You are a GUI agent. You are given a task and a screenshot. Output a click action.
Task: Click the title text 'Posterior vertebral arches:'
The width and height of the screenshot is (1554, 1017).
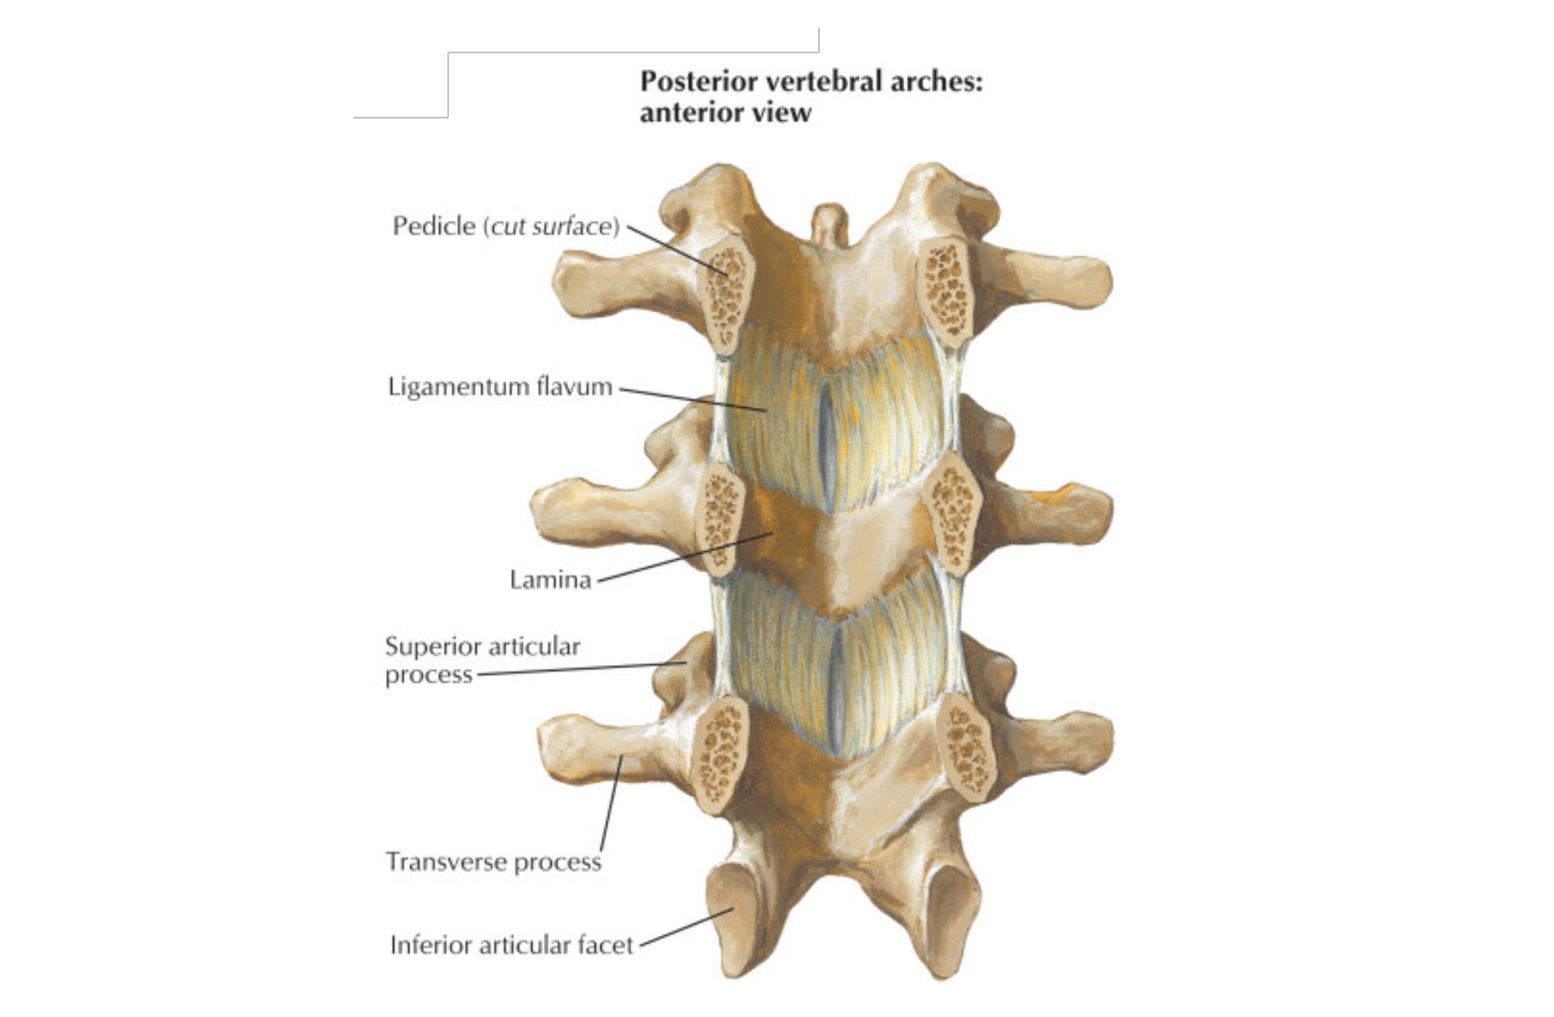coord(811,82)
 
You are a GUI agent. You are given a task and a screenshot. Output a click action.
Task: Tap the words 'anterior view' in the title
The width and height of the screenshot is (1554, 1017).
coord(725,113)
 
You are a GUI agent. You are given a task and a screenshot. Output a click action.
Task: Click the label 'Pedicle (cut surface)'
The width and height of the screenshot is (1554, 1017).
coord(506,226)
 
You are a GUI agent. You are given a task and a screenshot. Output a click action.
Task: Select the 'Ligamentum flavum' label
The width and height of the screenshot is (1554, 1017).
coord(500,387)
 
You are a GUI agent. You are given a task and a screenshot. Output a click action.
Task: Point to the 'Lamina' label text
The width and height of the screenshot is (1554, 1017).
coord(551,580)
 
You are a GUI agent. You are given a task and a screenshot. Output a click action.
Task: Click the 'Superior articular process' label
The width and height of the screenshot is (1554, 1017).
coord(482,660)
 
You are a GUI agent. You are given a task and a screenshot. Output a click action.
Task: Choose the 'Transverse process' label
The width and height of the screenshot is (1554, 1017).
coord(493,862)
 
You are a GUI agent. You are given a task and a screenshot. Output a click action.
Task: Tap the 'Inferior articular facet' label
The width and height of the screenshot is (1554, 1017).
coord(511,945)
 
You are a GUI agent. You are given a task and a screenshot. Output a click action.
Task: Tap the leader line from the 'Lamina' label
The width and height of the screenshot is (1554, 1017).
coord(685,557)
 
